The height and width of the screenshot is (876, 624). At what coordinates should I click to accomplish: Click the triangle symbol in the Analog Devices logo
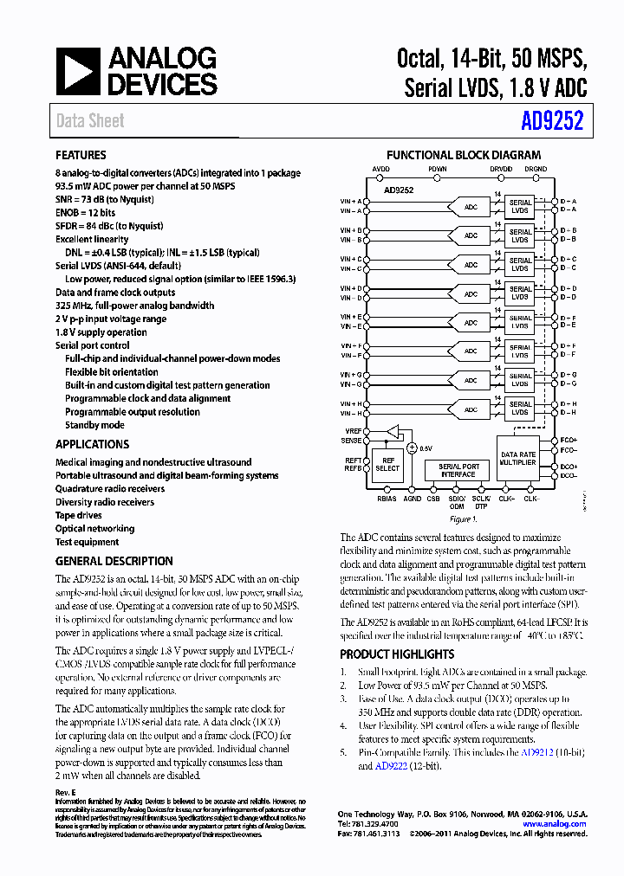coord(79,72)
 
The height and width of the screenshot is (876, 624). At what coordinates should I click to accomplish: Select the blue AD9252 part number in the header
coord(552,121)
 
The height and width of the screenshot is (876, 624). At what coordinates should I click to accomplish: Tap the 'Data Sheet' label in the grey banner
coord(90,121)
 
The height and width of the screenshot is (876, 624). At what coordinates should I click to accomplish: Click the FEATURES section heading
coord(81,156)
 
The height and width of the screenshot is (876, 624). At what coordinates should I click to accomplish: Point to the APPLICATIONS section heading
coord(92,444)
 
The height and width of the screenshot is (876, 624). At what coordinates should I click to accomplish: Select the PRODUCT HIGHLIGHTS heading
coord(397,654)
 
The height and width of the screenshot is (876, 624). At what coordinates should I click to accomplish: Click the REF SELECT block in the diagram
coord(387,464)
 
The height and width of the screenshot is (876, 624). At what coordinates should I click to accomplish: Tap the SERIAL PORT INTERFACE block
coord(458,470)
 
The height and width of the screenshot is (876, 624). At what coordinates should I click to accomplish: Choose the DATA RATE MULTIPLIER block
coord(518,459)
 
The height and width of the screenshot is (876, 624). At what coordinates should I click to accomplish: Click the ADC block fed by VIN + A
coord(471,207)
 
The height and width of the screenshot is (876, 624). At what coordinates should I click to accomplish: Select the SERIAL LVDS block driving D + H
coord(520,409)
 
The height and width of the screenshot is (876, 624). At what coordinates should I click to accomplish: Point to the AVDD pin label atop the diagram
coord(380,169)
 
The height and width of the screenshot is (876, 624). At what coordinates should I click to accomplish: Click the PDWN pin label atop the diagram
coord(437,169)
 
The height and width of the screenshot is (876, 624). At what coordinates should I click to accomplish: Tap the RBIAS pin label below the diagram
coord(387,499)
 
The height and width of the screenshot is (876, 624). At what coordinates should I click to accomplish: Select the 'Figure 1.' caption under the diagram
coord(462,520)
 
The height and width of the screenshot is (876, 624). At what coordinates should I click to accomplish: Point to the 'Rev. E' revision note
coord(65,793)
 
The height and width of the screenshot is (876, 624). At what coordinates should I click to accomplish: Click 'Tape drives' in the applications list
coord(79,515)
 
